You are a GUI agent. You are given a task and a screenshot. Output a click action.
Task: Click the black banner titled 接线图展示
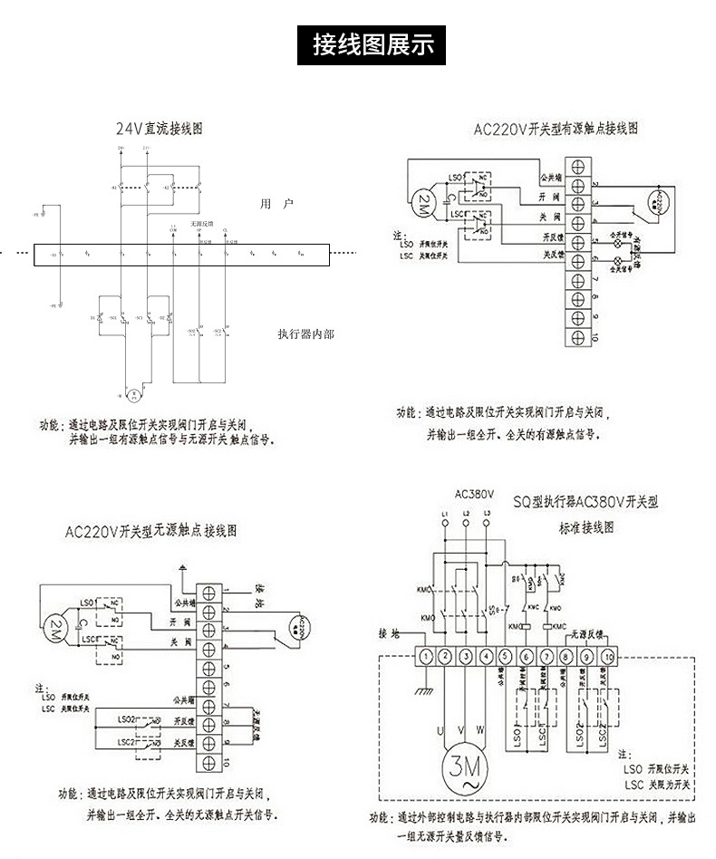(373, 43)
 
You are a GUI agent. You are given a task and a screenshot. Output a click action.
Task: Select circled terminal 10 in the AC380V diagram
(609, 656)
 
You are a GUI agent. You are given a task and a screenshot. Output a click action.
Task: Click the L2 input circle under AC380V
(466, 526)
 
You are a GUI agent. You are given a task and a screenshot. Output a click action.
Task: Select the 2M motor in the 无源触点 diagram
(55, 628)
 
